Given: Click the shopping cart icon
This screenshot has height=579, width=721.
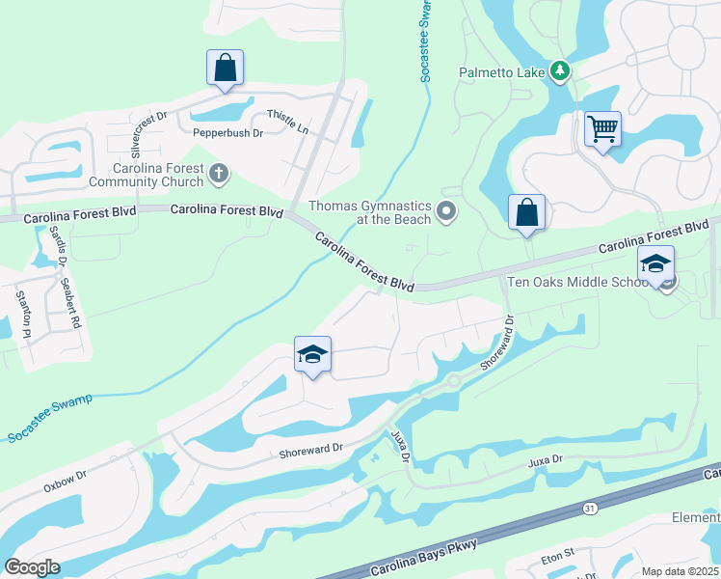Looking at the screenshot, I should [602, 127].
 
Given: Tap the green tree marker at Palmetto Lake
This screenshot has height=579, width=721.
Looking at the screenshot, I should [559, 70].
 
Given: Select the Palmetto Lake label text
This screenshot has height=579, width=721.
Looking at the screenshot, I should [501, 71].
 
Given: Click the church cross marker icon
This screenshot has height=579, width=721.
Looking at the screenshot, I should [219, 174].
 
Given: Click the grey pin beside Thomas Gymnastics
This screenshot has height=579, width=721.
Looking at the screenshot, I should [445, 210].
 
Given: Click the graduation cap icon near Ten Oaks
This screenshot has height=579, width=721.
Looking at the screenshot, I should [655, 263].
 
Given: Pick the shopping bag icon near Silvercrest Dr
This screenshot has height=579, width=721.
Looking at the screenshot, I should [225, 68].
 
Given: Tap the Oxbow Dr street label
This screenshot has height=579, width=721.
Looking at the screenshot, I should [65, 479].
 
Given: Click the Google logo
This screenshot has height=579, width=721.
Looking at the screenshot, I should [33, 567].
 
